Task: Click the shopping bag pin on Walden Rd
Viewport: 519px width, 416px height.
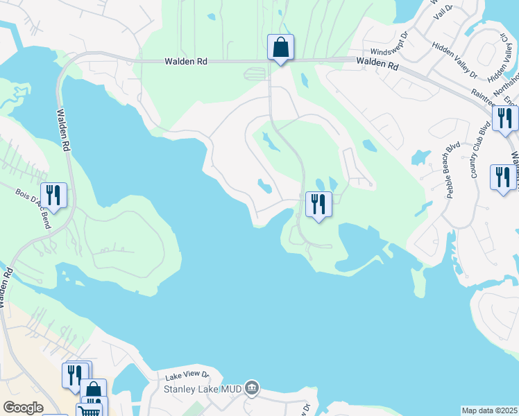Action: (280, 48)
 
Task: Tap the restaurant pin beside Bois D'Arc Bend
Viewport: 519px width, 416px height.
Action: (53, 195)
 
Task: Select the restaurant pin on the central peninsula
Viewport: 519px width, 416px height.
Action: (318, 205)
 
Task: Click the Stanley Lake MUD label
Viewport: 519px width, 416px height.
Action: (202, 389)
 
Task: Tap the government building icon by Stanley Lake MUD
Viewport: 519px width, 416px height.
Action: (252, 388)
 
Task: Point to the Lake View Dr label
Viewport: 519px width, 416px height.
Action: (187, 376)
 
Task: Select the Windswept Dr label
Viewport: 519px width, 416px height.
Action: (391, 52)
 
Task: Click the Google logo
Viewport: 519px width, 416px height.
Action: (23, 408)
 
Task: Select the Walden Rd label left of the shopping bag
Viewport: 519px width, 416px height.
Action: (186, 61)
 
